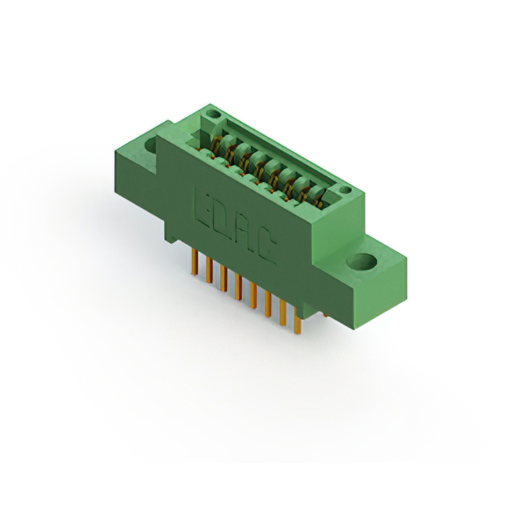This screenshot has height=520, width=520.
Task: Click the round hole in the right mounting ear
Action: tap(362, 262)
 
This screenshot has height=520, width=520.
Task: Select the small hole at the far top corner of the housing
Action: tap(213, 115)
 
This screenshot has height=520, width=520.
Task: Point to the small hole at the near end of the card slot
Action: tap(344, 189)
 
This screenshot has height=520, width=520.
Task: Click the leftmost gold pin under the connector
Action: tap(195, 262)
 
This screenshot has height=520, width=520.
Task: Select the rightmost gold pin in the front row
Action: tap(297, 320)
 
